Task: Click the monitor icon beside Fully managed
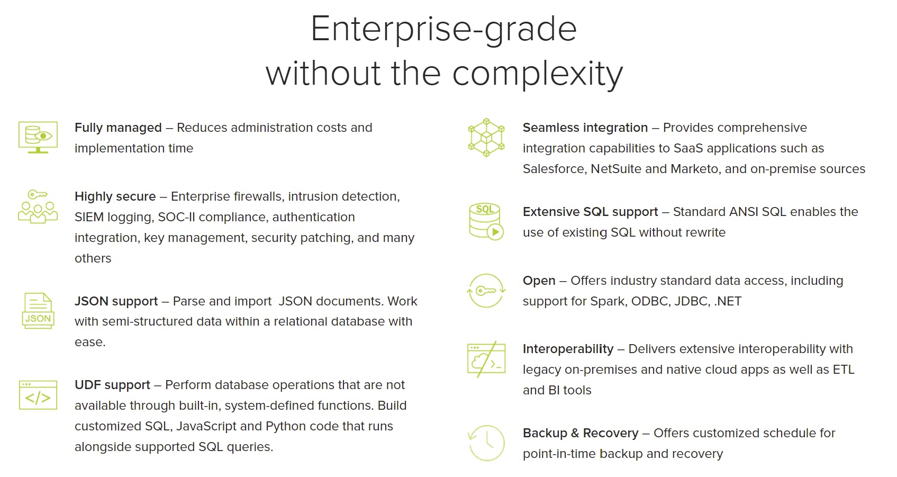click(x=38, y=137)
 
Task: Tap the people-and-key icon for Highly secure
click(x=38, y=206)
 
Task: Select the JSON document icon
click(x=38, y=311)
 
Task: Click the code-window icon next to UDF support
click(x=38, y=395)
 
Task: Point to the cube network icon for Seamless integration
click(x=486, y=137)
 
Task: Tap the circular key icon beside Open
click(x=486, y=290)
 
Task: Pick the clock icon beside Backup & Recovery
click(x=486, y=443)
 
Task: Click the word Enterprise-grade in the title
click(x=443, y=30)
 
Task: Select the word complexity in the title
click(x=538, y=75)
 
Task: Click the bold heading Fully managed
click(x=118, y=128)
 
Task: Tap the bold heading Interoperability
click(x=568, y=349)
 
